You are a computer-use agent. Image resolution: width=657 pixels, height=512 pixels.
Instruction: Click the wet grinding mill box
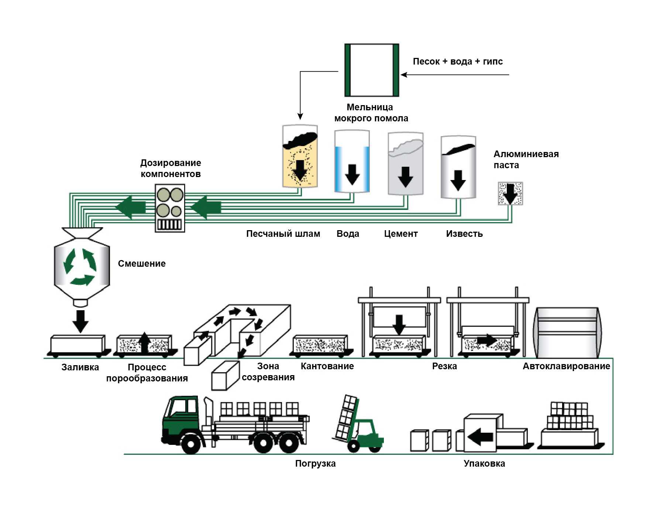coord(372,70)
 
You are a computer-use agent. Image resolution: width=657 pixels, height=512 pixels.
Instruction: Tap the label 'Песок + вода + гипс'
coord(458,62)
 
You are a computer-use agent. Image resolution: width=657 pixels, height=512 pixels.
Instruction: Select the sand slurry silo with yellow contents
coord(300,157)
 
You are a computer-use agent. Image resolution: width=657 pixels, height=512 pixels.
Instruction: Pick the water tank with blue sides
coord(352,162)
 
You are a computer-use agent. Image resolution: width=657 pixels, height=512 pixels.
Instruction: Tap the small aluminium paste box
coord(510,193)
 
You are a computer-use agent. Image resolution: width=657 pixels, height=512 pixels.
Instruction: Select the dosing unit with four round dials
coord(170,208)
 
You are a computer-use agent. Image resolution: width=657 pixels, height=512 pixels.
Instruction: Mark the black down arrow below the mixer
coord(80,321)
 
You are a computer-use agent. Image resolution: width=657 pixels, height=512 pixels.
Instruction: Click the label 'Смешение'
coord(142,264)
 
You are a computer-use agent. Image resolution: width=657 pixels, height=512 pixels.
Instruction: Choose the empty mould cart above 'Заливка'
coord(78,345)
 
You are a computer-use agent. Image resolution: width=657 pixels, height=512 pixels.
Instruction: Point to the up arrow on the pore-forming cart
coord(144,342)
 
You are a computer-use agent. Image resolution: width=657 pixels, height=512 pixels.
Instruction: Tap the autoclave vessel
coord(567,333)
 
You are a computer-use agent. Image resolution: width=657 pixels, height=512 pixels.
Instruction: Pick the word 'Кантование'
coord(327,366)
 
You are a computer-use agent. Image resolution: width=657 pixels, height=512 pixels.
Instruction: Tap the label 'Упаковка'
coord(484,464)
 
